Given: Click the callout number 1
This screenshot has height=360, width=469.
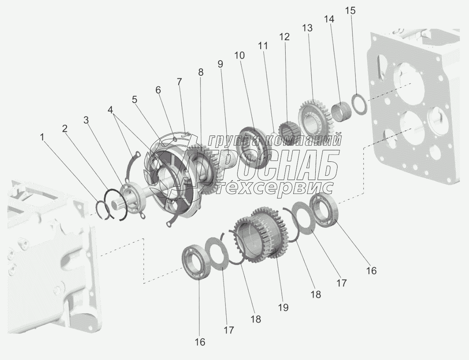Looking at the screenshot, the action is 42,138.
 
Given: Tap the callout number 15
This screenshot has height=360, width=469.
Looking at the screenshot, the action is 350,10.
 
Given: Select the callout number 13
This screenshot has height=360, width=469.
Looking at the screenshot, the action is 307,28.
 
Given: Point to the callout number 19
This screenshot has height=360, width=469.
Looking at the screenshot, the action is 283,307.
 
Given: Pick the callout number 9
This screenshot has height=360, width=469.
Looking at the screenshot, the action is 220,64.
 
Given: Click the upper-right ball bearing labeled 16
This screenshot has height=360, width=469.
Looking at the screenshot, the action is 324,207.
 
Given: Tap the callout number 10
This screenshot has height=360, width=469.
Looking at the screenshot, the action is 240,56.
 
